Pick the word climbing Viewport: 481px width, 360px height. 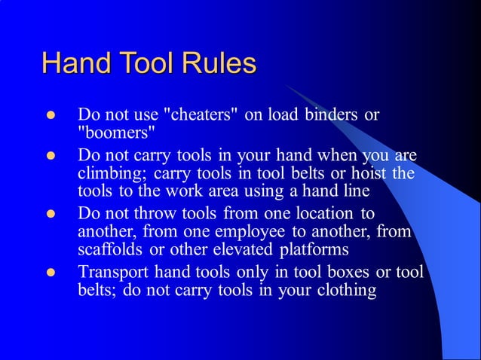pyautogui.click(x=109, y=173)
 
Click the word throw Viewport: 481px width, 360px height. pyautogui.click(x=154, y=214)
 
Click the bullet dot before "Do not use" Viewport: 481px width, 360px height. pyautogui.click(x=51, y=117)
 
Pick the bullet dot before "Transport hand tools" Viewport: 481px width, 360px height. pyautogui.click(x=51, y=273)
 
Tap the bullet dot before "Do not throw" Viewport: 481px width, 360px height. pyautogui.click(x=51, y=215)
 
